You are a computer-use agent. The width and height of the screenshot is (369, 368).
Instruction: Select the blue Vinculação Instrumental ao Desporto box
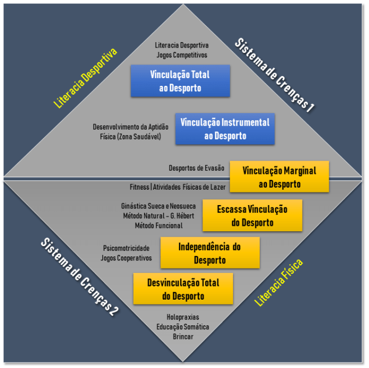pos(224,129)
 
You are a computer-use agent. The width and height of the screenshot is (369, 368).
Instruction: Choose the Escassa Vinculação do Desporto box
pos(252,215)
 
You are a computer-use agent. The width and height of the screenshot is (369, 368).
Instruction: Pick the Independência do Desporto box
pos(210,253)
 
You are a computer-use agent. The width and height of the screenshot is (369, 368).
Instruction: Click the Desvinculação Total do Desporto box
pos(183,289)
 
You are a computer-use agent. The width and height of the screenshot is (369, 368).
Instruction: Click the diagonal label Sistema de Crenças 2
pos(80,278)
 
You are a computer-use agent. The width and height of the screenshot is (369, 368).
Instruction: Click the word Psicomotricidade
pos(126,248)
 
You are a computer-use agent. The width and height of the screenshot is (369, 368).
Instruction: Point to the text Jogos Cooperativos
pos(126,258)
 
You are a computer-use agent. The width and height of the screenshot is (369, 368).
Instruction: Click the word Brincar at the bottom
pos(183,336)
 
